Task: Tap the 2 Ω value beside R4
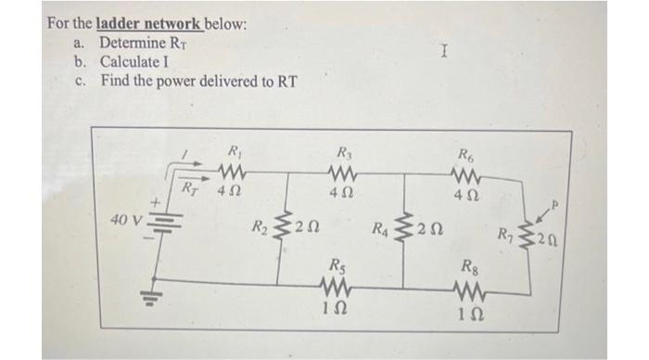tap(428, 228)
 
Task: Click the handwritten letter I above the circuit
tap(446, 57)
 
